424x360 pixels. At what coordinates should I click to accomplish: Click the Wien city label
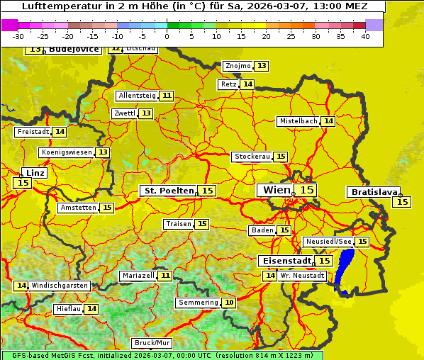[277, 190]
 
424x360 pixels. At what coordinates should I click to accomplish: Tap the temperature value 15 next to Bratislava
[402, 202]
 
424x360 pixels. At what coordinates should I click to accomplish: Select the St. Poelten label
[168, 191]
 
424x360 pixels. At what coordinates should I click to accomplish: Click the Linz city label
[35, 173]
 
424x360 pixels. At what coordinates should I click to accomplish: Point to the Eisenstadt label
[284, 261]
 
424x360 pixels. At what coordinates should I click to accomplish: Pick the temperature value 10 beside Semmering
[228, 303]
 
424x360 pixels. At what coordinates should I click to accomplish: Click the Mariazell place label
[138, 275]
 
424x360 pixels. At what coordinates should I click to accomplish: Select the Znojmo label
[238, 66]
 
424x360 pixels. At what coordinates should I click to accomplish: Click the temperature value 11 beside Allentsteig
[167, 96]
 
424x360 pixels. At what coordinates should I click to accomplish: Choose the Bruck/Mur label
[152, 343]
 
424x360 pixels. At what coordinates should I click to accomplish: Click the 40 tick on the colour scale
[365, 36]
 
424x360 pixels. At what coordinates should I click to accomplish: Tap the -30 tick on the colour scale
[18, 36]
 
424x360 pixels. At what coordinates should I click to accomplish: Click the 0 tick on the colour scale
[167, 36]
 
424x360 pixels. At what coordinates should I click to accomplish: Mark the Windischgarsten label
[60, 285]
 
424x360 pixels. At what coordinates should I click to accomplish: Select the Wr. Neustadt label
[303, 275]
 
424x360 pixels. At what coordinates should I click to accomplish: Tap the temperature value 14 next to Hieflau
[91, 309]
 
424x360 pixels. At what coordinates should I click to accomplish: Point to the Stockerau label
[252, 157]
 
